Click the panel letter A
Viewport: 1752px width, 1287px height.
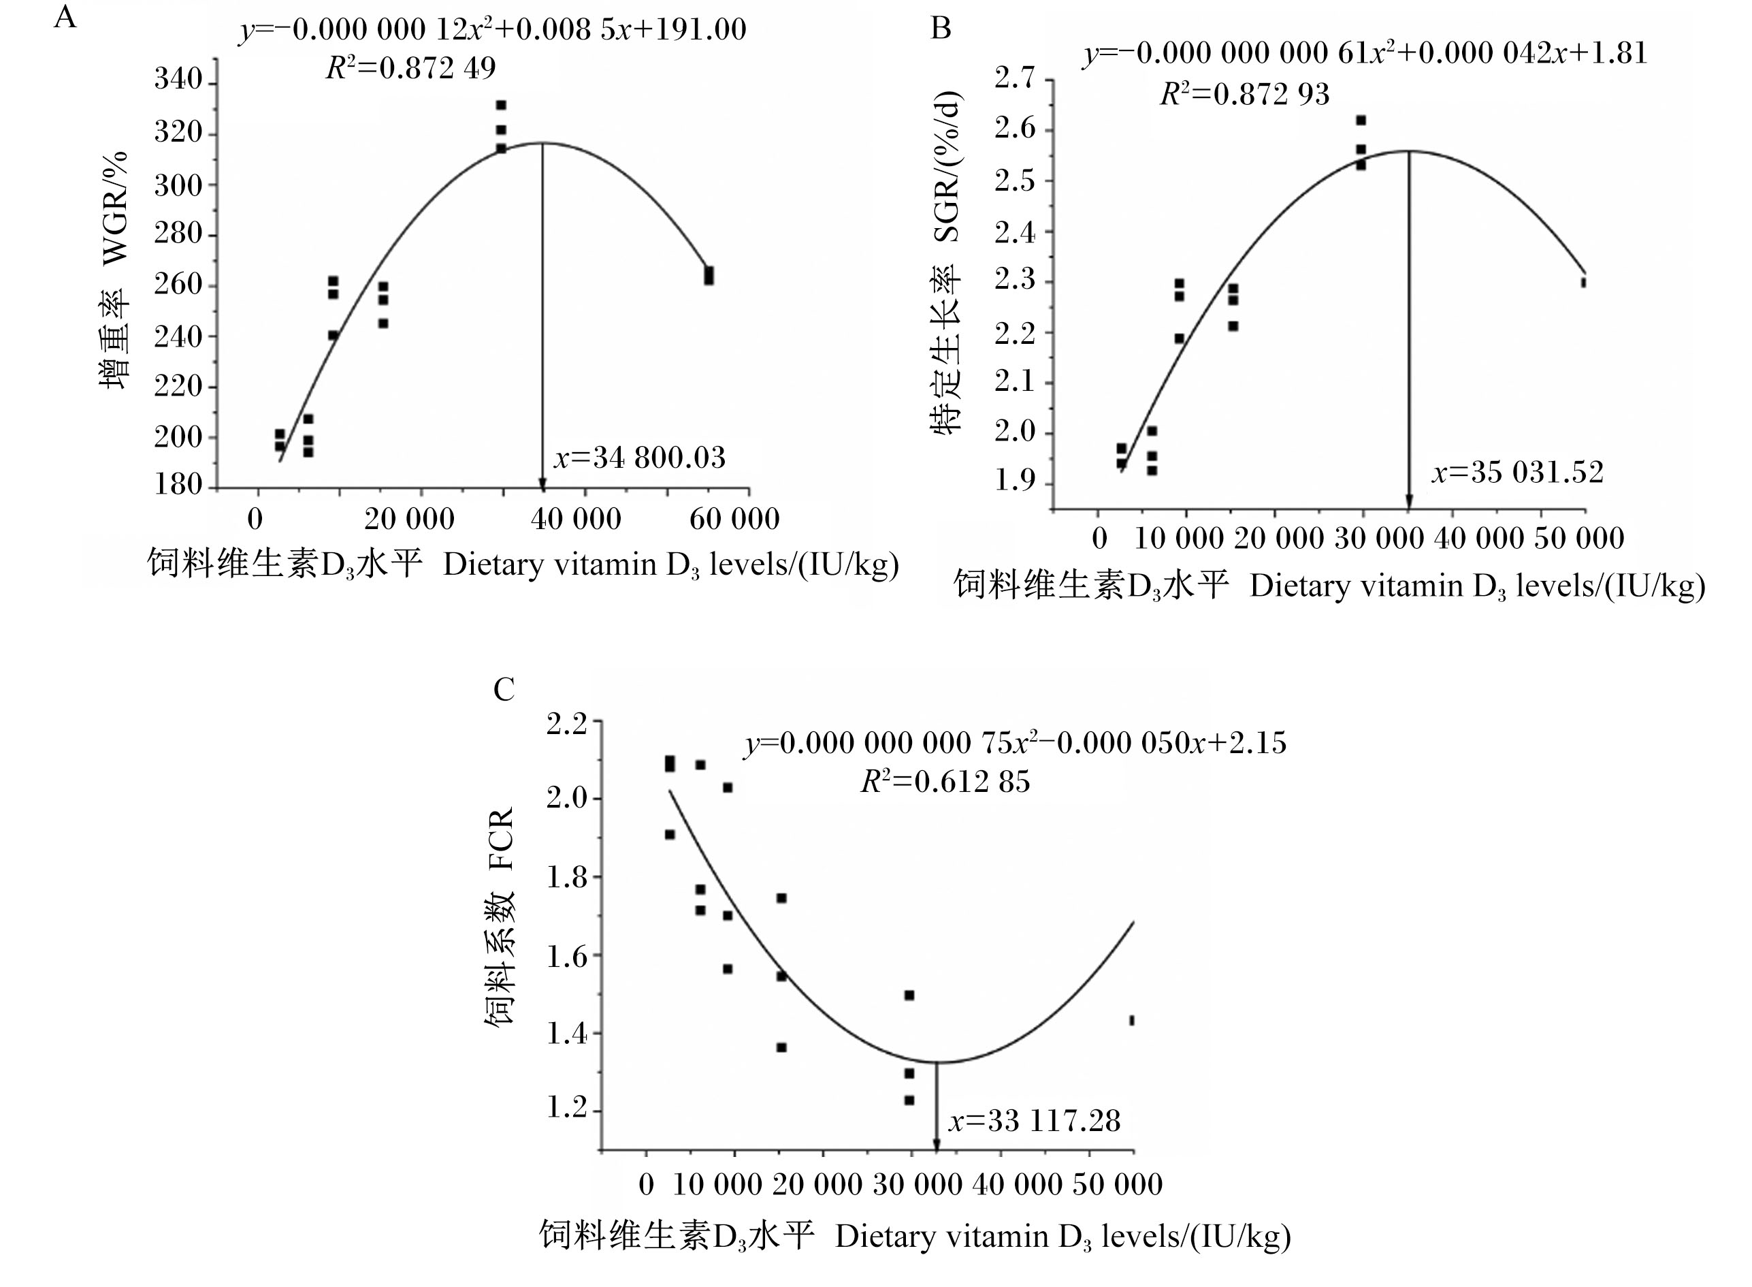point(65,16)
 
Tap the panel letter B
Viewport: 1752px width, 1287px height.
point(941,29)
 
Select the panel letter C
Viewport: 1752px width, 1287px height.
point(504,689)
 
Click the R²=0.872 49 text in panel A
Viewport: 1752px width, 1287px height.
point(410,69)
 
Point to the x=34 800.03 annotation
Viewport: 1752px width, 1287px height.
point(639,458)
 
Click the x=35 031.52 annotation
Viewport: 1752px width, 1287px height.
point(1518,472)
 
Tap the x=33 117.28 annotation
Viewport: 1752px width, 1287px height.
point(1034,1121)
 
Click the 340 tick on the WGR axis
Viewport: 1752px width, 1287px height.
point(178,80)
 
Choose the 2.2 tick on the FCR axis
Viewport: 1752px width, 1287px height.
point(566,724)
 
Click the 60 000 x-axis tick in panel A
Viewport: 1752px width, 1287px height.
point(734,519)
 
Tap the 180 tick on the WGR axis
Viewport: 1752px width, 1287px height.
point(178,485)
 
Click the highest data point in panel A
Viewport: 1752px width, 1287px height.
point(501,105)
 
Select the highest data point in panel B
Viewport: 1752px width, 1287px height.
point(1361,121)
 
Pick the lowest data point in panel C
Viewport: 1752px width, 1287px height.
point(909,1100)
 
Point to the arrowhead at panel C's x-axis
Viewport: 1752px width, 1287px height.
point(936,1145)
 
